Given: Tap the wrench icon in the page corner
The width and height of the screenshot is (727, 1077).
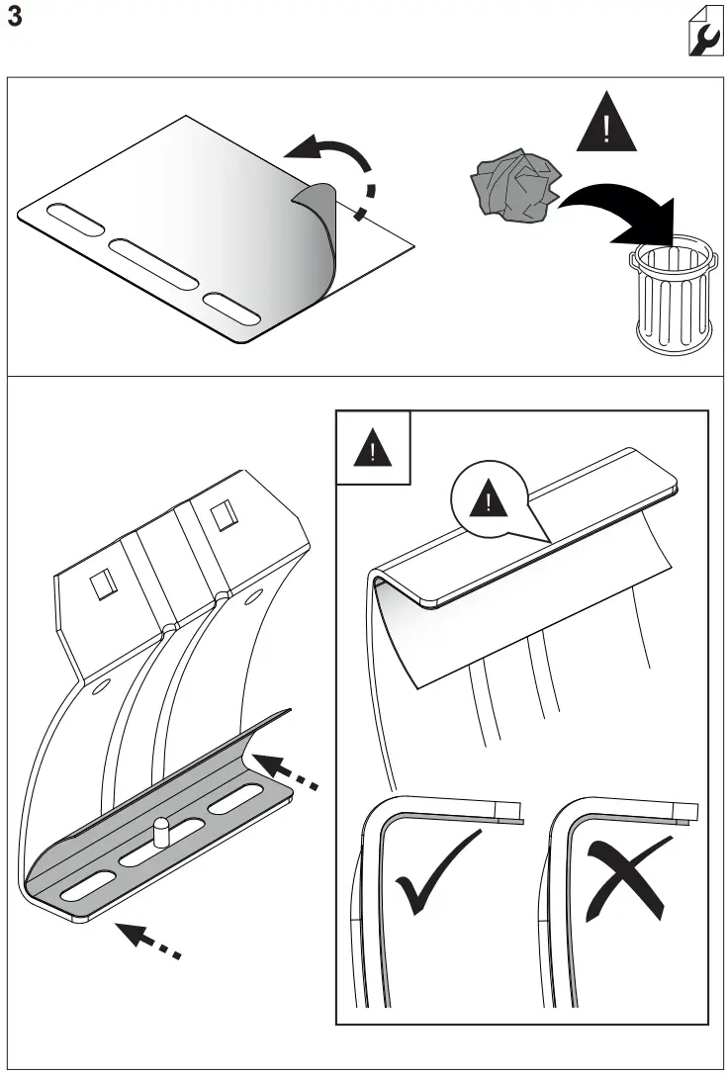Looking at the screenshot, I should pyautogui.click(x=702, y=36).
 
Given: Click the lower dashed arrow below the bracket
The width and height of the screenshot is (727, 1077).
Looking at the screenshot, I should pyautogui.click(x=148, y=940).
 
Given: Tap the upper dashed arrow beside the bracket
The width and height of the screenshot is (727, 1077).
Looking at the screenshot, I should pyautogui.click(x=287, y=773).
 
